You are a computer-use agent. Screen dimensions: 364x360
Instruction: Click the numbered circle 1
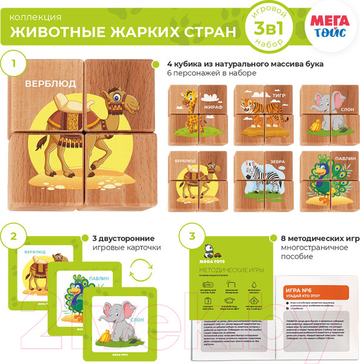click(15, 63)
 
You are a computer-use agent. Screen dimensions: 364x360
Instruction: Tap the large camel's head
click(116, 98)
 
